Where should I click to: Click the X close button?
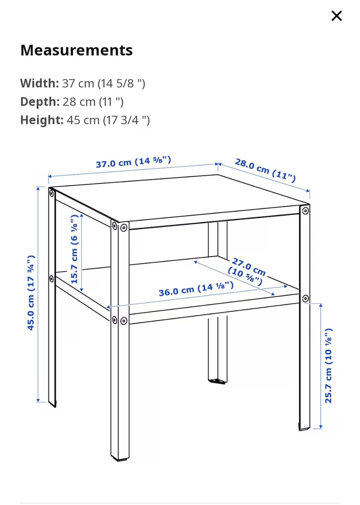(x=336, y=16)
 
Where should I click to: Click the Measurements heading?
(x=76, y=50)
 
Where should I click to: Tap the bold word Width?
(x=40, y=84)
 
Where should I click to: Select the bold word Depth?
(x=40, y=102)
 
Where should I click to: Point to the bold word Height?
(x=42, y=120)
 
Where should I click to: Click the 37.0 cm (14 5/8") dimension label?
(x=133, y=162)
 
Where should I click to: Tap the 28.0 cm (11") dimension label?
(x=265, y=170)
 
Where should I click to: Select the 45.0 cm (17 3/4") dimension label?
(x=31, y=292)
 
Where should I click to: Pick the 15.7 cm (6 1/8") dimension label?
(x=74, y=249)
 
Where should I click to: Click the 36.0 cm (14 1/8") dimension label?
(x=196, y=289)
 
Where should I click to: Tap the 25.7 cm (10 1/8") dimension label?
(x=328, y=365)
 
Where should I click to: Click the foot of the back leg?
(x=217, y=381)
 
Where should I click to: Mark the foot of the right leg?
(x=304, y=428)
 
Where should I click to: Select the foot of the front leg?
(x=120, y=457)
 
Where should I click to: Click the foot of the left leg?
(x=52, y=404)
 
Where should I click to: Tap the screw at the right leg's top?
(x=305, y=211)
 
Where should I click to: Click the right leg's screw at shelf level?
(x=305, y=299)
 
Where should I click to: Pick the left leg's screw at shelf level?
(x=51, y=278)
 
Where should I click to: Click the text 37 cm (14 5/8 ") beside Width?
(x=104, y=84)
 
